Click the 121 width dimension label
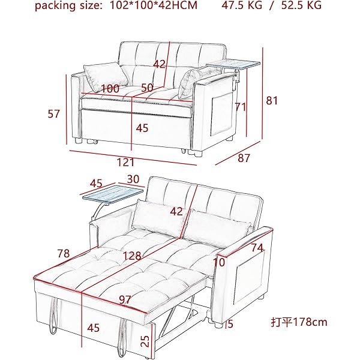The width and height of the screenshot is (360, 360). point(125,163)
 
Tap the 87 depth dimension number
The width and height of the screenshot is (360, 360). point(244,158)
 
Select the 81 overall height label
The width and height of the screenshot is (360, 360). point(272,101)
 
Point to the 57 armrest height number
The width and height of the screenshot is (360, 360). point(54,114)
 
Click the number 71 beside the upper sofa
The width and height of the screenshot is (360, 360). point(241,107)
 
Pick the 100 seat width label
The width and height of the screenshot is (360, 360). point(110,89)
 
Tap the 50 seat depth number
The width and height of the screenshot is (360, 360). point(147,88)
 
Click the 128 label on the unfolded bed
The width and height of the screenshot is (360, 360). point(132,256)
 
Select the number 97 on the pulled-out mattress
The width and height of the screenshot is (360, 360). point(125,299)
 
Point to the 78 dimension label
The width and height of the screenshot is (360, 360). point(64,253)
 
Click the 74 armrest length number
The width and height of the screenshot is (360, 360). point(257,248)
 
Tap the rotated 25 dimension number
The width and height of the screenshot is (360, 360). point(145,341)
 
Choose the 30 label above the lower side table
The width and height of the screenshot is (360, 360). point(133,179)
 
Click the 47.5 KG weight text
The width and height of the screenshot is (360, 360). point(242,5)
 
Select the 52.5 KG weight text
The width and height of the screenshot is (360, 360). point(301,5)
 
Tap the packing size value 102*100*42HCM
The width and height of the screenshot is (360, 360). point(154,5)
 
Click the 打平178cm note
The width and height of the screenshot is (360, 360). point(299,322)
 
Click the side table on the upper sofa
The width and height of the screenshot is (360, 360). point(233,65)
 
